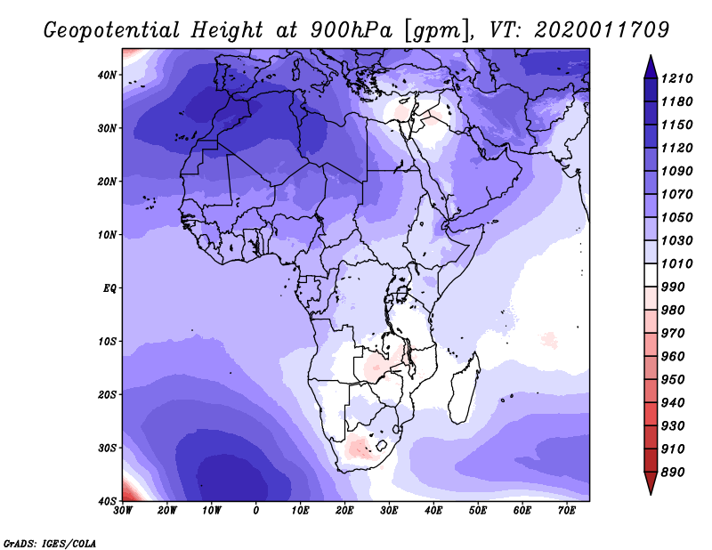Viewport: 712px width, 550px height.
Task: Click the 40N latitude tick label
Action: [x=107, y=75]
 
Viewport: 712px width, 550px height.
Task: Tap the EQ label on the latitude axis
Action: [x=109, y=288]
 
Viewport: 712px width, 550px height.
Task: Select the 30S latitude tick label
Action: [x=107, y=449]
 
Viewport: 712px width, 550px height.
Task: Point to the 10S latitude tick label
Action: [x=107, y=342]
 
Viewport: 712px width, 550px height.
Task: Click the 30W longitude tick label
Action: [x=123, y=511]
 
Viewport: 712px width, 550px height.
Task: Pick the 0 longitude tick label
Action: [x=256, y=511]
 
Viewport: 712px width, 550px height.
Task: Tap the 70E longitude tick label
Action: [x=567, y=511]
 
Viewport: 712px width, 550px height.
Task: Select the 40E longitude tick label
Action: [x=433, y=511]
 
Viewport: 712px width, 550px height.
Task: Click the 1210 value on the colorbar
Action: [x=676, y=78]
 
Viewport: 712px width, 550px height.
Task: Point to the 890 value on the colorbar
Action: [x=672, y=473]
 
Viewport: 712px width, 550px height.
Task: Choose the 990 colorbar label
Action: [x=672, y=287]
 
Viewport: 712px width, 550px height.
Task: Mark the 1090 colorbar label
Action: [x=676, y=171]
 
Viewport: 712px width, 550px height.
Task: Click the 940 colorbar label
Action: [x=672, y=403]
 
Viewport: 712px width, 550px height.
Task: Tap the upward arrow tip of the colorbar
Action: [x=651, y=56]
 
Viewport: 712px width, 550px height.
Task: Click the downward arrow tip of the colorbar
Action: [x=651, y=494]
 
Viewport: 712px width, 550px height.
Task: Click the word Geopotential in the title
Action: [x=112, y=30]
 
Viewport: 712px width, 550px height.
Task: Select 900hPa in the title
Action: [x=352, y=30]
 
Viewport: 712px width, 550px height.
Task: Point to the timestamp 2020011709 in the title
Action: [x=602, y=30]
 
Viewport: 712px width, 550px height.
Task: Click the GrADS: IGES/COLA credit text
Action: [x=50, y=543]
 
